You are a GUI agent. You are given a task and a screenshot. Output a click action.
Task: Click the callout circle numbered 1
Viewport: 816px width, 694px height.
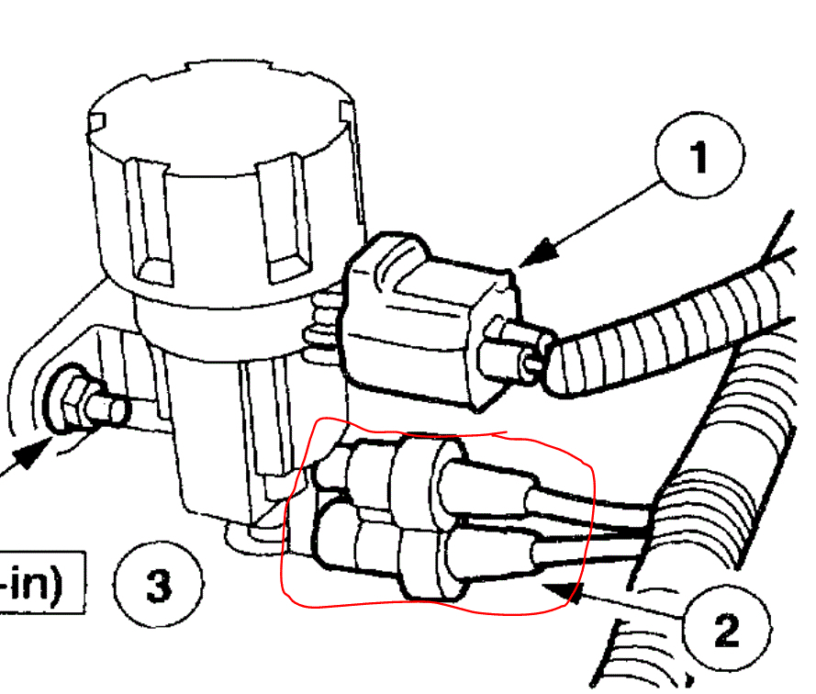(x=699, y=159)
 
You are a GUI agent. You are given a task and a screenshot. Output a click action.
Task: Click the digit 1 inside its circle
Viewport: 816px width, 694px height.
(x=699, y=159)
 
